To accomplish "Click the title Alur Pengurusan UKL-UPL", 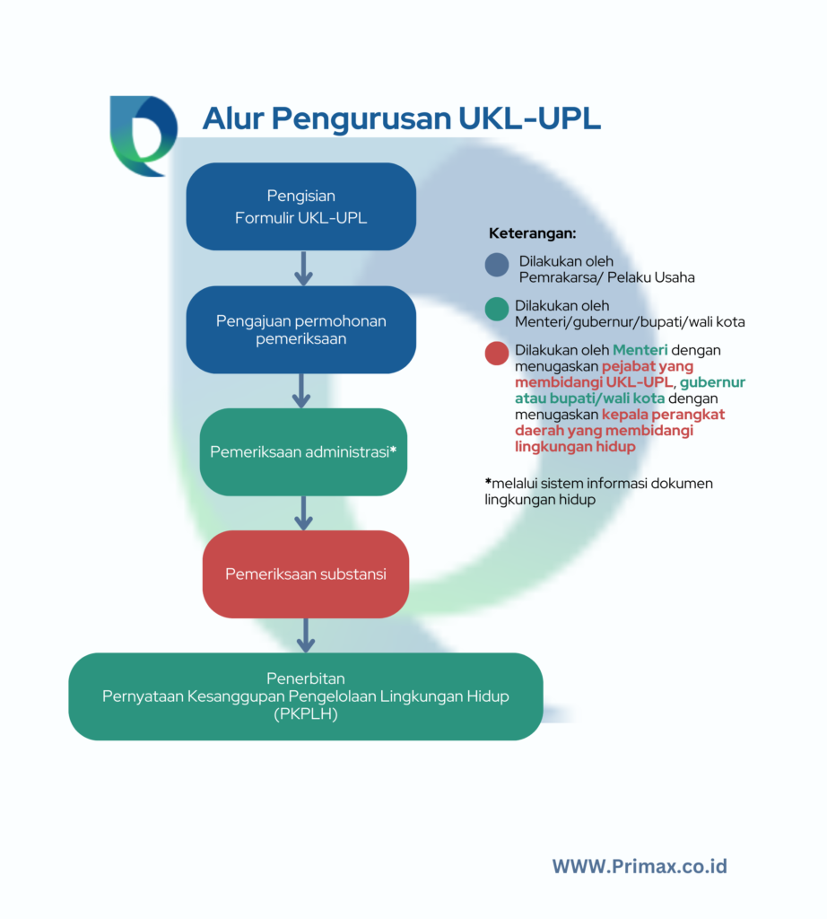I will coord(401,118).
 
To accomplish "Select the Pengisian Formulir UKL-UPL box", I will coord(300,206).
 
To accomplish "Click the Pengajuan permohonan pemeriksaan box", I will coord(300,329).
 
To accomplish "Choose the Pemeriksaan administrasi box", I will coord(303,451).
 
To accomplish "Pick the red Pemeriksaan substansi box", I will coord(305,574).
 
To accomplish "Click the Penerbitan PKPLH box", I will coord(305,696).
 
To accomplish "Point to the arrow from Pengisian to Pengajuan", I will coord(302,268).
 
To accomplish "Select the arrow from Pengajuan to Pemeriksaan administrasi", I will coord(302,390).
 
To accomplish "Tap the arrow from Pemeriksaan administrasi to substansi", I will coord(303,512).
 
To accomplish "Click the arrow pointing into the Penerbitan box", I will coord(305,635).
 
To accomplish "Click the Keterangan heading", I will coord(532,233).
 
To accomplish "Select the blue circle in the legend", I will coord(496,266).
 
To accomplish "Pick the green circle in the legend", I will coord(496,310).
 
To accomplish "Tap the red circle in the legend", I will coord(496,354).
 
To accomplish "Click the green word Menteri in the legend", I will coord(640,350).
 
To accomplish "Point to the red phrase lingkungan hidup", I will coord(575,447).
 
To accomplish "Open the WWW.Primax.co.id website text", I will coord(639,866).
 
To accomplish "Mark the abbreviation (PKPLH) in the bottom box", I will coord(307,714).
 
